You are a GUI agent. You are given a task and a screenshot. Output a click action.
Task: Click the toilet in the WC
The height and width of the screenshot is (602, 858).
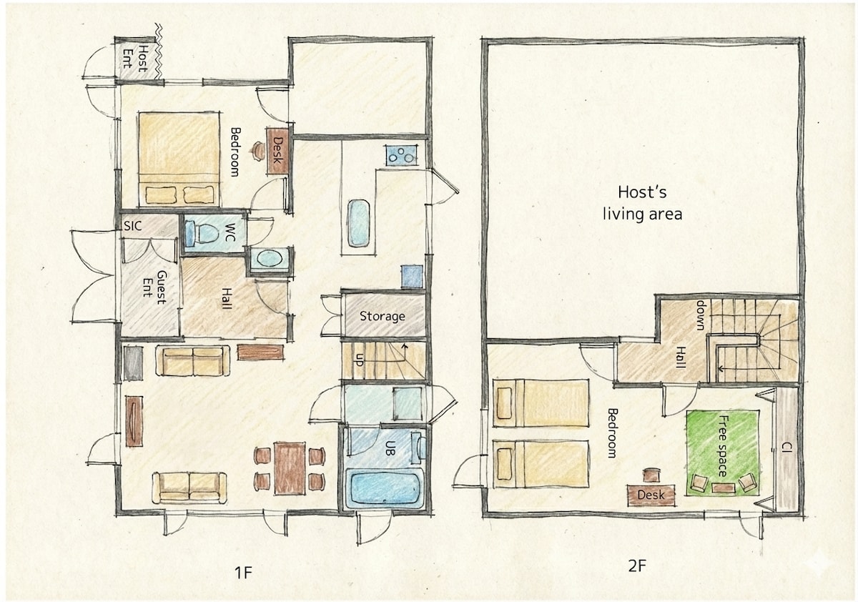pos(200,234)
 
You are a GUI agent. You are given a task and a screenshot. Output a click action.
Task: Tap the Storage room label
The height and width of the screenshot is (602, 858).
pos(382,316)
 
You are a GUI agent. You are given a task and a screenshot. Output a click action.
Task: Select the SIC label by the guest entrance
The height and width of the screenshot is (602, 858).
pos(132,225)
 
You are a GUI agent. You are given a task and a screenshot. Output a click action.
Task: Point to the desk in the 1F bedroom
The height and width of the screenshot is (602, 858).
pos(277,152)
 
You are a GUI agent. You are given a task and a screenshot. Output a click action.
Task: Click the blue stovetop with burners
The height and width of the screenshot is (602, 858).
pos(401,155)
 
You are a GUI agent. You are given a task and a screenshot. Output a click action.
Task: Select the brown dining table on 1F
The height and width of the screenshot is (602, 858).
pos(290,468)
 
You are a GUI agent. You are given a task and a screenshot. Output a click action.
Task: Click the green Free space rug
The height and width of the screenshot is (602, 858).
pos(722,453)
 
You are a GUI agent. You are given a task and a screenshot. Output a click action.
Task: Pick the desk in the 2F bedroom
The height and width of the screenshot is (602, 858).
pos(651,495)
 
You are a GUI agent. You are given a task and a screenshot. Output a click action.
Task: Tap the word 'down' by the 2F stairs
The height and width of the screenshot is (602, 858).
pos(701,315)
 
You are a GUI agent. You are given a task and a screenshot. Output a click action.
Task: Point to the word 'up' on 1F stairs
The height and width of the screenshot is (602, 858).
pos(359,360)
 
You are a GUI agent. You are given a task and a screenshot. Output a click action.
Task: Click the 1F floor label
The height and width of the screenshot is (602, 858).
pos(243,573)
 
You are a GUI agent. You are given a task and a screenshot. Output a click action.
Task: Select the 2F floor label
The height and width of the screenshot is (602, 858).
pos(638,566)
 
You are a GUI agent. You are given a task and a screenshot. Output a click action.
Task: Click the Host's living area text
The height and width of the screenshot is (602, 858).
pos(642,203)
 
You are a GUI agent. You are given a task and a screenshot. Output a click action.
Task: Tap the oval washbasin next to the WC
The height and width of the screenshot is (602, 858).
pos(270,259)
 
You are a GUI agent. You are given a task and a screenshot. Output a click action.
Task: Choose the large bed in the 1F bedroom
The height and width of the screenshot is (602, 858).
pos(179,159)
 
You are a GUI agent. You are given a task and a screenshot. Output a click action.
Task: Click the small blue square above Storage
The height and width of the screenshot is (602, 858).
pos(412,277)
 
